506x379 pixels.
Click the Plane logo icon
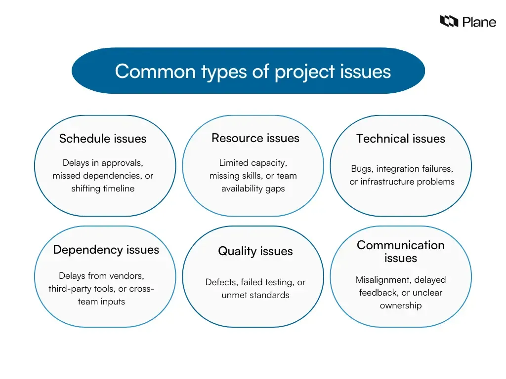tap(449, 21)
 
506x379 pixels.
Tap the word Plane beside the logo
tap(479, 22)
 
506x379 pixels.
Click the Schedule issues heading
tap(103, 139)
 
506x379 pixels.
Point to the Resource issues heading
tap(255, 138)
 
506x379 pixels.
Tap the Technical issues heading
tap(401, 139)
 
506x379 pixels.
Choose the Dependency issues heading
tap(106, 250)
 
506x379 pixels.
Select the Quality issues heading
tap(255, 251)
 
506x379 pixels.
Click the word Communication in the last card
tap(401, 245)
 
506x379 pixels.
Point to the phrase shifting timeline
tap(103, 189)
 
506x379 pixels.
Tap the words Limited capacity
tap(253, 163)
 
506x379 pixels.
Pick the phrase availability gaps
tap(253, 189)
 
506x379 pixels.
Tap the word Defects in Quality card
tap(221, 282)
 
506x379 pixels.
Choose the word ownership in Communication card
tap(401, 305)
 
